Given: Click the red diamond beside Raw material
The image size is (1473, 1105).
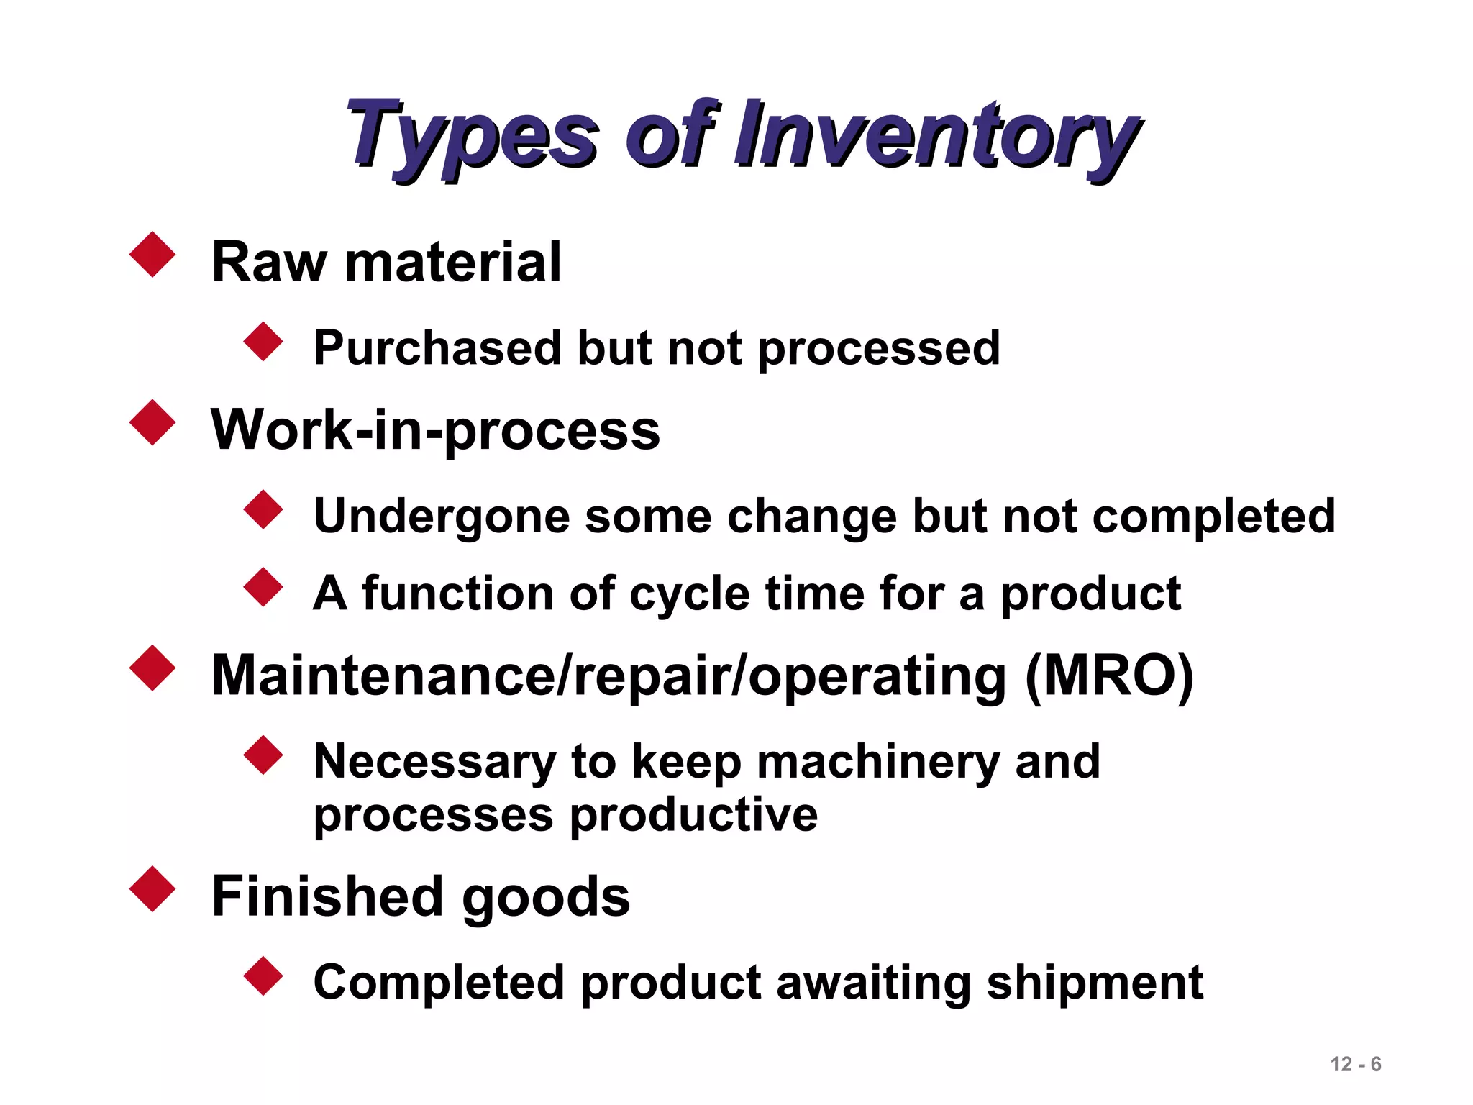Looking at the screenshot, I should [x=152, y=254].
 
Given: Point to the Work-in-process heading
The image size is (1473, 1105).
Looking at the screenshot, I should [x=435, y=430].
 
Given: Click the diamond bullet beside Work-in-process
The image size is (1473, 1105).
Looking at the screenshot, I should [x=152, y=422].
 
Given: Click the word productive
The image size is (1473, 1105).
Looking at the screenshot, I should [x=693, y=816].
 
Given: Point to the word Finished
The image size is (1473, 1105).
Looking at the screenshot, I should [x=327, y=896].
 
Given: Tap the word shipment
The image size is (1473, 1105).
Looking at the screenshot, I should [x=1094, y=983].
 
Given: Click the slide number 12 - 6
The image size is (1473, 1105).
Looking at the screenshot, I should [x=1355, y=1064].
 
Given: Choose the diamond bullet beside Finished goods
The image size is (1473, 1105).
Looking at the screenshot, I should [x=152, y=889].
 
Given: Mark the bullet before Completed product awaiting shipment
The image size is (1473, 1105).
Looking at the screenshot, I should [x=264, y=976].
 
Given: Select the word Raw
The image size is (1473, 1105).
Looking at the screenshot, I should [x=269, y=262].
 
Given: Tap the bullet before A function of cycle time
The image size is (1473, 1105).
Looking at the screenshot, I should [x=264, y=587].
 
